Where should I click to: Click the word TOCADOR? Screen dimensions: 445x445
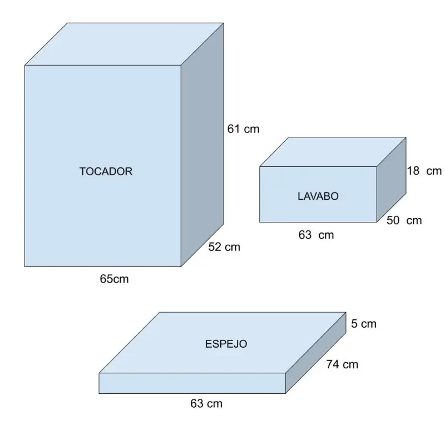pos(106,171)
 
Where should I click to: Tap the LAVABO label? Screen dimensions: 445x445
pos(318,196)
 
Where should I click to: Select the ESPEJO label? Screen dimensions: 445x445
pos(226,344)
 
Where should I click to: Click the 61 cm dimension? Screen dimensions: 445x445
pos(243,129)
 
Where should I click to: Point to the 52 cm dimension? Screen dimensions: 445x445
pos(224,246)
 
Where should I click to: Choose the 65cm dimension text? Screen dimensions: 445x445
pos(114,279)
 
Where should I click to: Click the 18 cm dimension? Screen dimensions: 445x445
pos(424,171)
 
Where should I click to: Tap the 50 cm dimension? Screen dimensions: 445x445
pos(404,220)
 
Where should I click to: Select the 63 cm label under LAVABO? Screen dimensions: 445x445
pos(316,235)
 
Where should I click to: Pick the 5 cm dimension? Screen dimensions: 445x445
pos(364,324)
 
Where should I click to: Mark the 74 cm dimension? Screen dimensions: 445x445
pos(342,364)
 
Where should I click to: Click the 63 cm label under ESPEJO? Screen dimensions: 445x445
pos(206,403)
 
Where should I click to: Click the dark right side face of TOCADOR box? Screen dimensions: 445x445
pos(202,145)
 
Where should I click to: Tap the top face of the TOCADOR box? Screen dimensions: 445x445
pos(124,44)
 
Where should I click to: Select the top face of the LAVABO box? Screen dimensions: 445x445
pos(333,152)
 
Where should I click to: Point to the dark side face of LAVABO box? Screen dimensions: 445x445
pos(392,180)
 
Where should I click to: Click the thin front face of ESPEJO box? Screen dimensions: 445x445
pos(192,383)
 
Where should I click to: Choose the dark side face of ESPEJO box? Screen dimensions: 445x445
pos(316,353)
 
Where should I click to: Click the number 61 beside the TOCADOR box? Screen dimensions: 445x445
pos(234,129)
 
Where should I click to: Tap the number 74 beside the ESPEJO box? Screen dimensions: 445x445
pos(333,364)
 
